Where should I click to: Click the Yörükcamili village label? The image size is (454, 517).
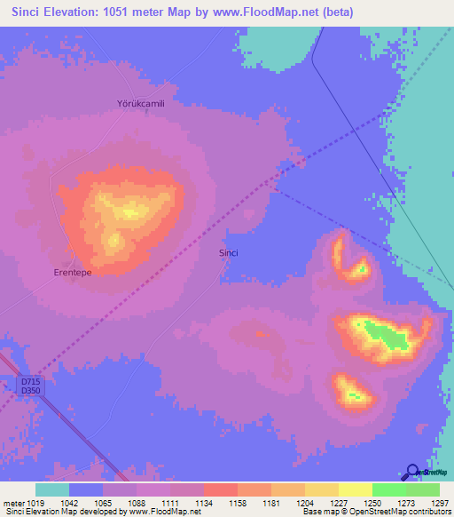[x=142, y=103]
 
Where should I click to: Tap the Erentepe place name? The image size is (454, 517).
[x=73, y=273]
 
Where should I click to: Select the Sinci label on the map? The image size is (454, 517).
[x=229, y=253]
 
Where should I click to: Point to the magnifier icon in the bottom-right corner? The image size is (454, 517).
[x=413, y=473]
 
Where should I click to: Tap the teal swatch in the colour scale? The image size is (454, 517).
[x=52, y=489]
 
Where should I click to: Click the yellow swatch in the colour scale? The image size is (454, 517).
[x=355, y=489]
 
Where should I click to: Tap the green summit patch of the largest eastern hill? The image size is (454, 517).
[x=387, y=336]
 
